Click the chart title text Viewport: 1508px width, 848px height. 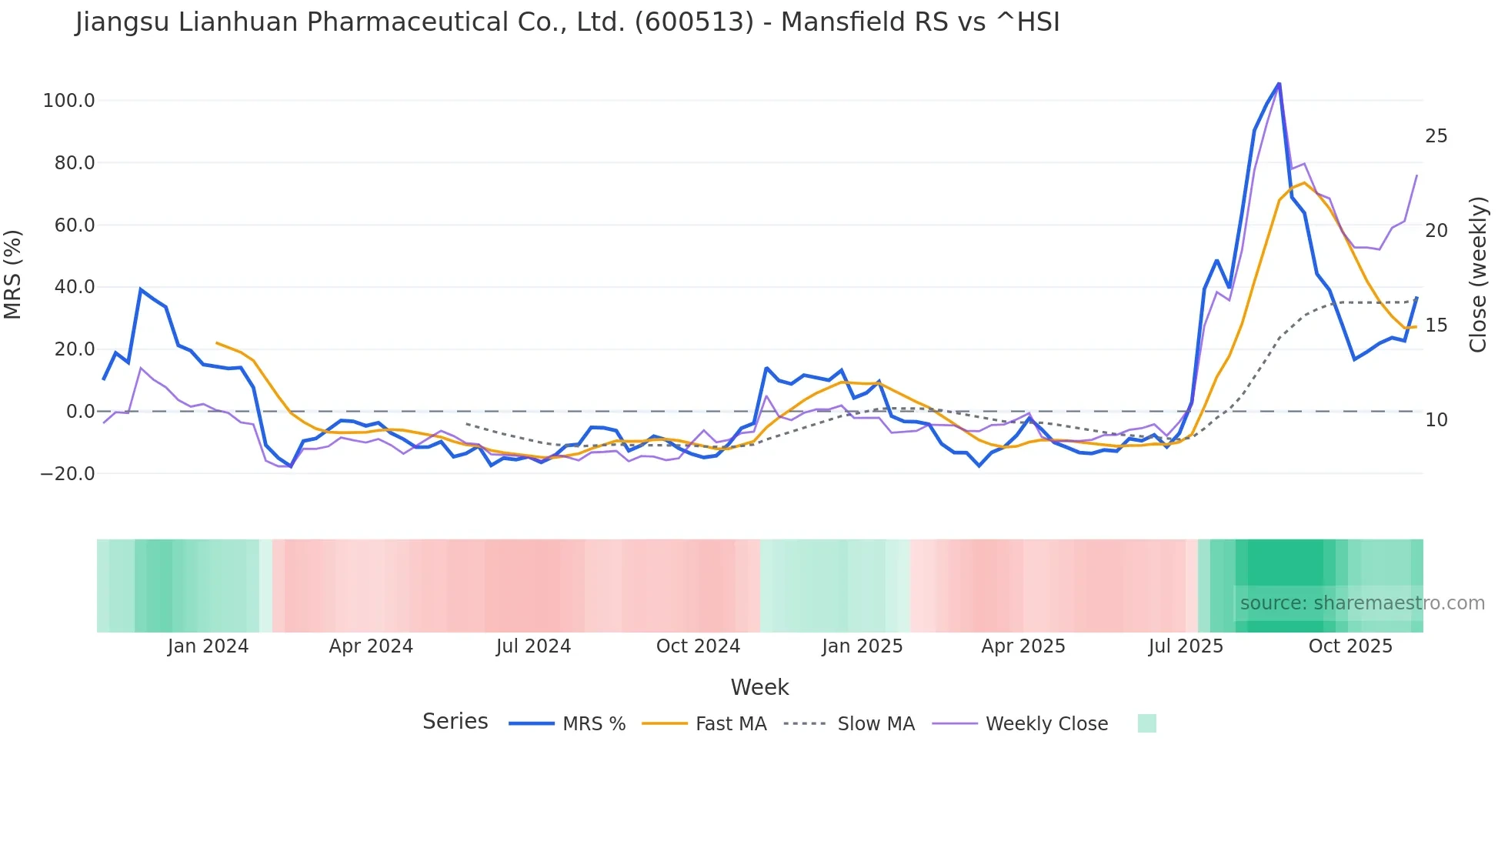click(x=567, y=22)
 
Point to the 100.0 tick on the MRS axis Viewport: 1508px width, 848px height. click(x=68, y=101)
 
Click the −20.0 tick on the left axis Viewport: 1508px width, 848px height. click(x=68, y=474)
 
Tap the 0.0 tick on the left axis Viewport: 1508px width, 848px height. click(x=80, y=412)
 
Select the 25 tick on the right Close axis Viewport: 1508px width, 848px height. click(x=1436, y=136)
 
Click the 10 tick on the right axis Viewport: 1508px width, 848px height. click(x=1436, y=420)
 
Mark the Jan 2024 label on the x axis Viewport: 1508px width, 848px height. click(x=208, y=646)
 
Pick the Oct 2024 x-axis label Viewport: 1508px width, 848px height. click(x=698, y=646)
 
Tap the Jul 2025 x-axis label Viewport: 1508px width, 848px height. click(x=1186, y=646)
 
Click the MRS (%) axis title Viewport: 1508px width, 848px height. click(x=13, y=274)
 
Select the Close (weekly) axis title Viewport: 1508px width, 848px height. click(x=1477, y=274)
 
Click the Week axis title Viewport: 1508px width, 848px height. click(x=759, y=687)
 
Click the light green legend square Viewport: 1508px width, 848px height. click(x=1146, y=723)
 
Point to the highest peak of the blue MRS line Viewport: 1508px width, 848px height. click(x=1279, y=83)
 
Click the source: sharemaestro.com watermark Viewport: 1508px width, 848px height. click(x=1362, y=603)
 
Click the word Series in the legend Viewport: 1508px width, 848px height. click(x=455, y=722)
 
